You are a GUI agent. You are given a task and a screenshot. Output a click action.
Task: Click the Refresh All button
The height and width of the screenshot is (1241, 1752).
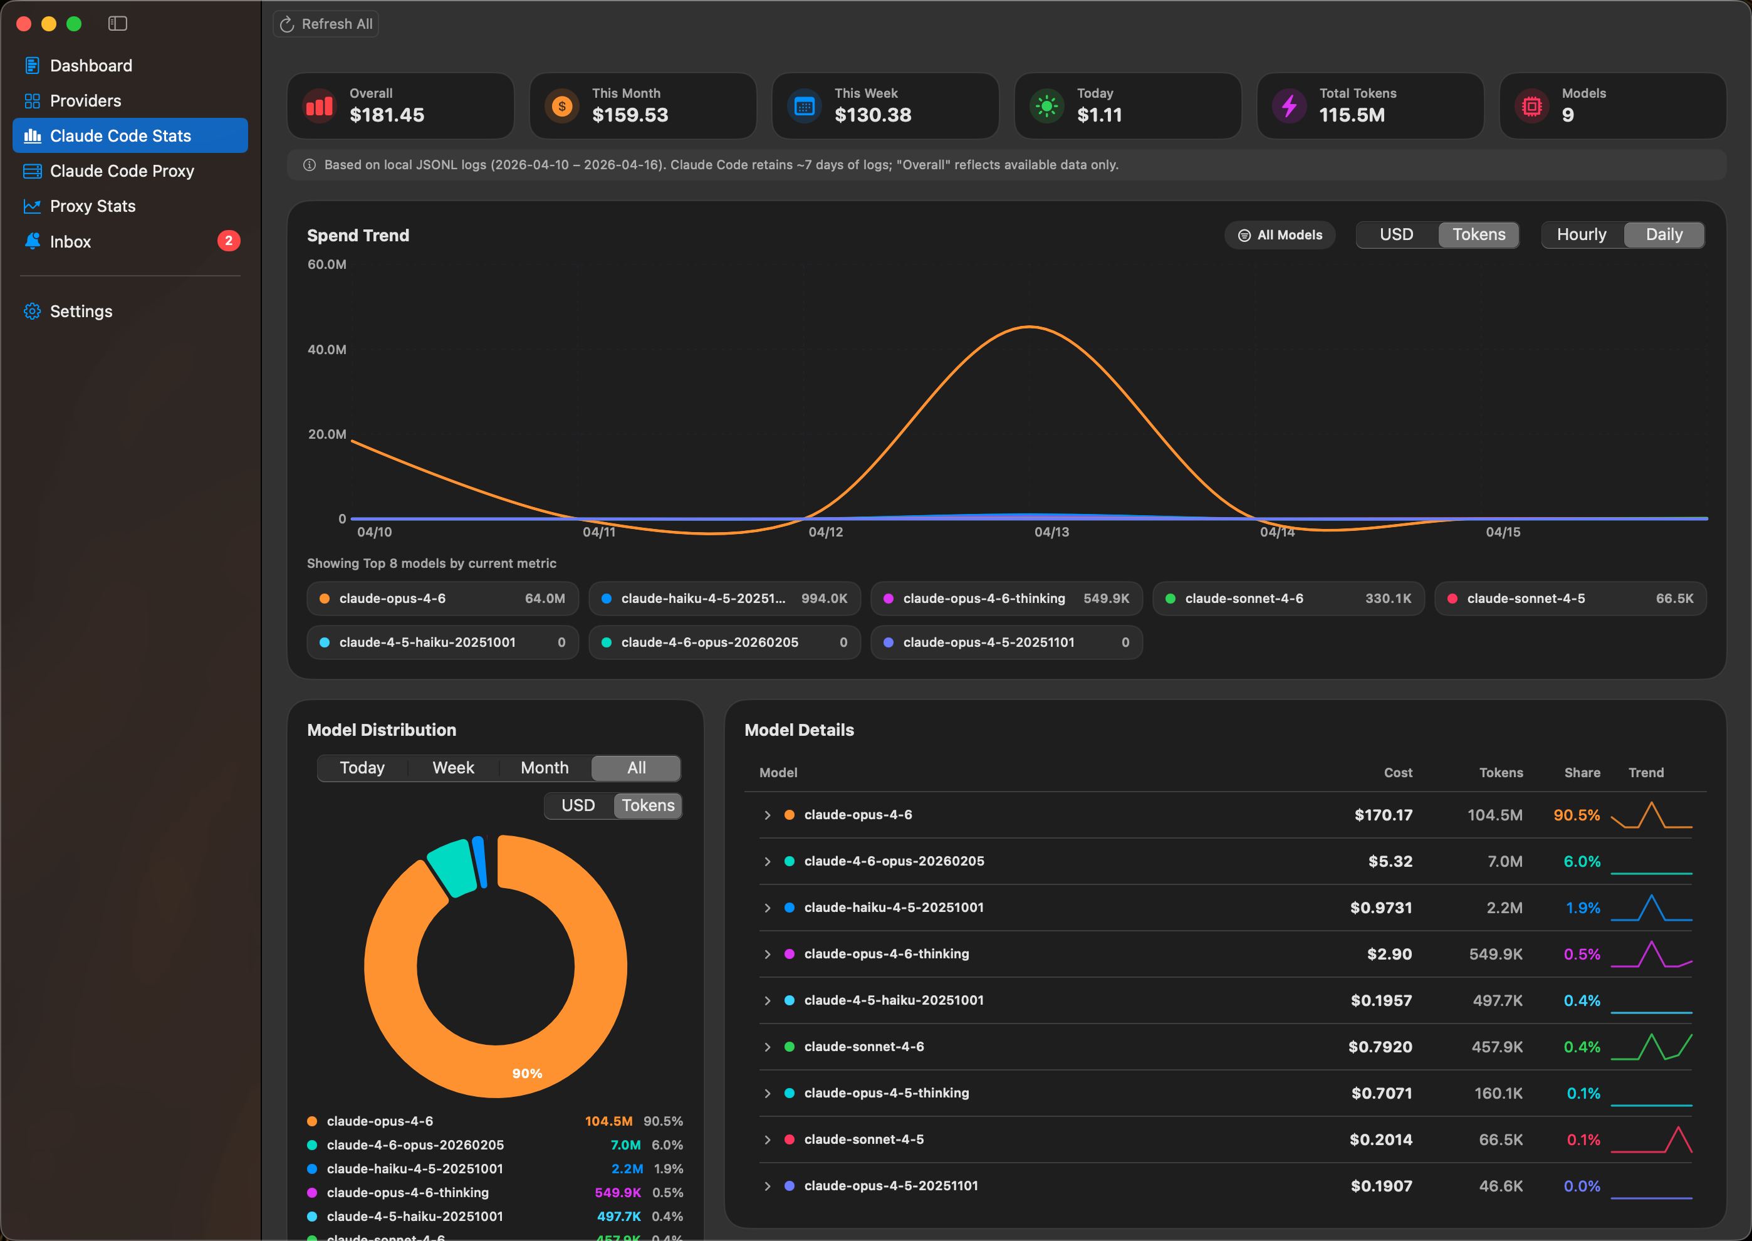(326, 24)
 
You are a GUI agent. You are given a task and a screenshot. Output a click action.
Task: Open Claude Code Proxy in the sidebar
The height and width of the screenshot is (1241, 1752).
(122, 171)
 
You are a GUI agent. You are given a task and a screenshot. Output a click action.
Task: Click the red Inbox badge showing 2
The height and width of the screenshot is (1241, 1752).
(229, 241)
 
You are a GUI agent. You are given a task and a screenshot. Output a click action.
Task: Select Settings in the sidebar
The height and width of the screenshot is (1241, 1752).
(81, 311)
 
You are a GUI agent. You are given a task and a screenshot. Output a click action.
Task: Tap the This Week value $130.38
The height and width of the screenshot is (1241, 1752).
(873, 115)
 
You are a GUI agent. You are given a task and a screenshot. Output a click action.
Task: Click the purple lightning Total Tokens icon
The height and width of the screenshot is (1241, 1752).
(1289, 106)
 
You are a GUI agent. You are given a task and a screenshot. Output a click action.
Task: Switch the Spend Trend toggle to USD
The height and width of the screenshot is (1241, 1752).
(1396, 234)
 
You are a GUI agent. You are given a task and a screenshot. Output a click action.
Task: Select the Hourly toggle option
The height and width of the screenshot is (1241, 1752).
(1581, 234)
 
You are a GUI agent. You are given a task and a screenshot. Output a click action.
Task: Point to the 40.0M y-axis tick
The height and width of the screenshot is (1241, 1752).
(327, 349)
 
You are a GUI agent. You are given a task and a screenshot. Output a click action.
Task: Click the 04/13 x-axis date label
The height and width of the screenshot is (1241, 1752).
(1051, 532)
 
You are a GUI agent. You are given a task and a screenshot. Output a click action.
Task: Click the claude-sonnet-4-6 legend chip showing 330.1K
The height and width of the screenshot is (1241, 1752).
(1288, 599)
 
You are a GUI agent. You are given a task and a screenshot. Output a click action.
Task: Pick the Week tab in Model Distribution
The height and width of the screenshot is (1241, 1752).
(453, 767)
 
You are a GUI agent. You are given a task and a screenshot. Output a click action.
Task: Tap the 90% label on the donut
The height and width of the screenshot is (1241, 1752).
(527, 1073)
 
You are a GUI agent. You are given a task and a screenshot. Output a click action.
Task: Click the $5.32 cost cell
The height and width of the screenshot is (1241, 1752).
(1390, 861)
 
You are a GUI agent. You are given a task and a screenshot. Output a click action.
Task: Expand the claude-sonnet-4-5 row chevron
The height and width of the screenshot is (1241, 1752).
(767, 1139)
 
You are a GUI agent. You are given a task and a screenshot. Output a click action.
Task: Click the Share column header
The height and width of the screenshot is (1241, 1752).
(1582, 773)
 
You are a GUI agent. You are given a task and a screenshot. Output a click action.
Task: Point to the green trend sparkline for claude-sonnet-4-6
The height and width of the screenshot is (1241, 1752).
(1651, 1047)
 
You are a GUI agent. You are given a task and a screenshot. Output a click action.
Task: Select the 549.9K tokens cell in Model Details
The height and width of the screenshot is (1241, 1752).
(1495, 954)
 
